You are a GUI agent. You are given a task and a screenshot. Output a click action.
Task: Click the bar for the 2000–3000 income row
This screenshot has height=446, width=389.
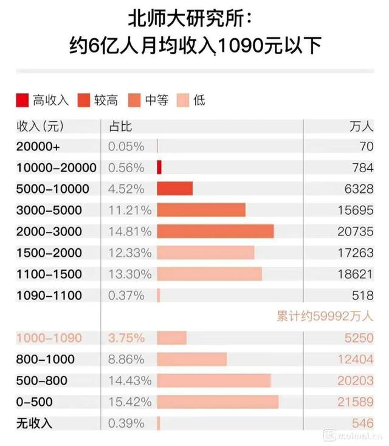tap(215, 231)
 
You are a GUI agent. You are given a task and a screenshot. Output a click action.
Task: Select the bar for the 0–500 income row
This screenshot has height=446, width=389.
tap(218, 402)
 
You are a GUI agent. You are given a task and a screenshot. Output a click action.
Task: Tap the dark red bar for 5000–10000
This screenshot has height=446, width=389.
tap(175, 189)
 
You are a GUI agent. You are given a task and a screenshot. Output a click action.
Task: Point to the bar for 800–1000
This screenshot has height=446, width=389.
tap(192, 359)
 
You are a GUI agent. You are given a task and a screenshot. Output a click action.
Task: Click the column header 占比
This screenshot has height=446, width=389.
tap(120, 126)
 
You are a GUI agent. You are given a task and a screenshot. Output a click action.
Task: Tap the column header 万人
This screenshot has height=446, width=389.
tap(362, 126)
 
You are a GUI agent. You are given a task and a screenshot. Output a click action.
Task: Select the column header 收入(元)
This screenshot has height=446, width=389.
tap(39, 126)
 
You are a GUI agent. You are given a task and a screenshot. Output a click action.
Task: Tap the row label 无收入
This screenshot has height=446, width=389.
tap(34, 423)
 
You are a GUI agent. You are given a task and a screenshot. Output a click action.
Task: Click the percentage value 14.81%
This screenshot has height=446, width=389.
tap(126, 231)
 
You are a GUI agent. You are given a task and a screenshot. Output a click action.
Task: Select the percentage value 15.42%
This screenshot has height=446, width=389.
tap(126, 402)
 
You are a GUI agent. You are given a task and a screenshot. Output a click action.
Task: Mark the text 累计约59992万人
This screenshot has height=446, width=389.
tap(323, 316)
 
